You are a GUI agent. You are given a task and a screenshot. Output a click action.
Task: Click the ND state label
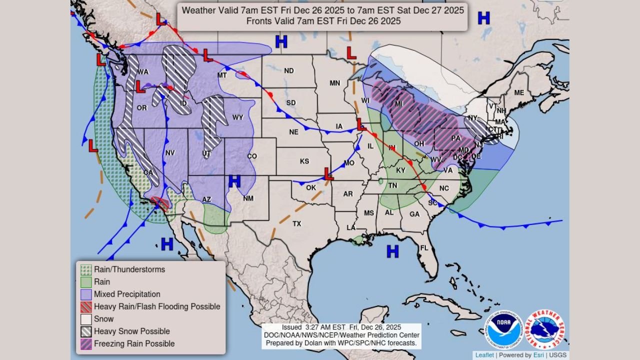point(289,70)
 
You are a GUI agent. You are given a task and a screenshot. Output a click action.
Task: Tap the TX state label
point(297,223)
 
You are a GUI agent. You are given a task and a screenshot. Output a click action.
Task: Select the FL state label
point(424,248)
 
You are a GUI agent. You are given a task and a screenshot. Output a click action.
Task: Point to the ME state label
point(519,92)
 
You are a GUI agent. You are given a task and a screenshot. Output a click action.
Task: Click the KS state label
point(304,161)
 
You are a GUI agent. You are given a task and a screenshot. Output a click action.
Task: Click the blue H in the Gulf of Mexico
point(393,251)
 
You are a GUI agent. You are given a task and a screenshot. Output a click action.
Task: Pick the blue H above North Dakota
point(281,41)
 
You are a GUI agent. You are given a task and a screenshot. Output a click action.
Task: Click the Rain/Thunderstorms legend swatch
point(86,269)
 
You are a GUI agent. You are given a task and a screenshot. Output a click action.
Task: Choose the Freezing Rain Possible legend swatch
point(86,344)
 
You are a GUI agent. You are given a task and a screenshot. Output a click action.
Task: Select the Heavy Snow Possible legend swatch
point(86,331)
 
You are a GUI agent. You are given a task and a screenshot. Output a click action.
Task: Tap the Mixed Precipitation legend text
point(127,294)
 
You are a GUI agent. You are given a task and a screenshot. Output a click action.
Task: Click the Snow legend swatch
point(86,319)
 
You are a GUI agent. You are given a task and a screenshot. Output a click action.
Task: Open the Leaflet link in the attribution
point(484,355)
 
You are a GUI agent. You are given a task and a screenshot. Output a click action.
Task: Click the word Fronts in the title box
point(258,21)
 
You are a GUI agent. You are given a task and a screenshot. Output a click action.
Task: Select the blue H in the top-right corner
point(483,18)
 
